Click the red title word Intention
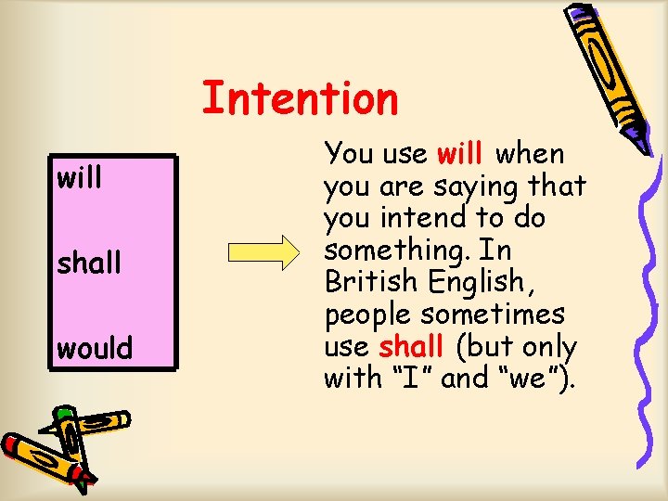(300, 97)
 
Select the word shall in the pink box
(90, 263)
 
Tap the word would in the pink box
(95, 349)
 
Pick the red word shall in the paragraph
(411, 347)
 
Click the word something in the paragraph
(403, 250)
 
